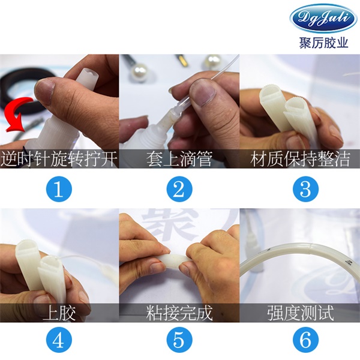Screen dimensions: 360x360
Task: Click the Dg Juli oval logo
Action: point(323,18)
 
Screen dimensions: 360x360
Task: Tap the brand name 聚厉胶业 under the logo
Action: point(323,43)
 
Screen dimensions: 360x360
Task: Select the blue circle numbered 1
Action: point(59,190)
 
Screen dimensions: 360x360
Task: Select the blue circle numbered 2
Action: point(179,190)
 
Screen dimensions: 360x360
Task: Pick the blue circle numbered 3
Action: point(305,190)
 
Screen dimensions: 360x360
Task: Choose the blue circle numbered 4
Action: point(59,340)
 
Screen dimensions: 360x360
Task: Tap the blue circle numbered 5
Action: point(179,340)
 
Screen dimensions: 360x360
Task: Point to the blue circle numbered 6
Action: point(305,340)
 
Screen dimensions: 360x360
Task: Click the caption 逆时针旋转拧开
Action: point(59,158)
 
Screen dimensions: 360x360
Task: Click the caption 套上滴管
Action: point(179,158)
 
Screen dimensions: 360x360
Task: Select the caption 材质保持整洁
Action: point(300,158)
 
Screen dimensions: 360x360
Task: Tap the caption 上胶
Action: point(59,313)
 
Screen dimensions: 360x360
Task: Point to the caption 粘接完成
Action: point(179,313)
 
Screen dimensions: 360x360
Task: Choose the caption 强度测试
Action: point(301,313)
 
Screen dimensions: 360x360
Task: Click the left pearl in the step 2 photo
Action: point(140,72)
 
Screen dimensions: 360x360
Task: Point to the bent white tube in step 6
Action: point(298,253)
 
